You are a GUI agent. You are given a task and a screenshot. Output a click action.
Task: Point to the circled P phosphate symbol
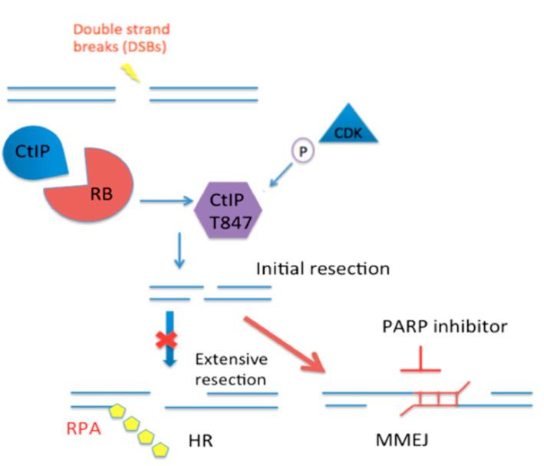coord(302,151)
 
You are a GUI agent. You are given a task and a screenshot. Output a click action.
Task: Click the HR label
coord(199,442)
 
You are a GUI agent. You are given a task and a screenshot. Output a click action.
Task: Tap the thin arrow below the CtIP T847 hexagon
coord(179,253)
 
